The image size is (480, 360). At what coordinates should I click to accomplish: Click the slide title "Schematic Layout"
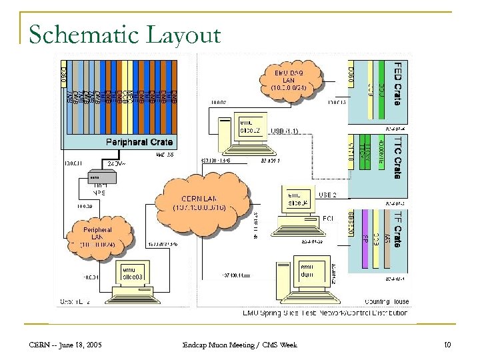coord(125,34)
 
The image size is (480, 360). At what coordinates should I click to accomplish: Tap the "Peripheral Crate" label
coord(139,142)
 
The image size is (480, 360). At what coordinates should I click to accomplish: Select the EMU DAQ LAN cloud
coord(289,79)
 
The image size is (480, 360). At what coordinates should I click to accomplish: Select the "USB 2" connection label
coord(329,195)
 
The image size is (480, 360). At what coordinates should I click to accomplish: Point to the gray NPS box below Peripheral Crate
coord(101,178)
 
